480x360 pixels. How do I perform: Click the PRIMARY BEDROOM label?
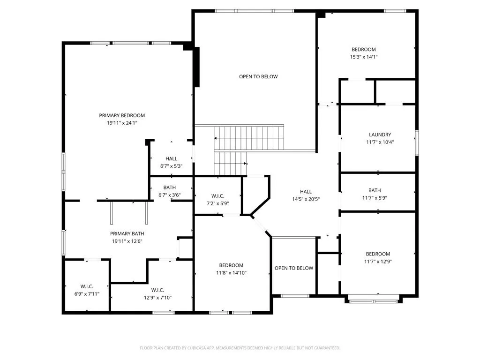pyautogui.click(x=122, y=115)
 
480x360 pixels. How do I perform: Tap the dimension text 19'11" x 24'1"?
pyautogui.click(x=122, y=123)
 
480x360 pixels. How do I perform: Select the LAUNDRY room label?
pyautogui.click(x=380, y=135)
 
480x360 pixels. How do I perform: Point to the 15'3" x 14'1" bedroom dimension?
pyautogui.click(x=364, y=57)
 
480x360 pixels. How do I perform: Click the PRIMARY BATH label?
pyautogui.click(x=127, y=233)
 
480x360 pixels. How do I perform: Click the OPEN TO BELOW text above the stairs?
pyautogui.click(x=258, y=76)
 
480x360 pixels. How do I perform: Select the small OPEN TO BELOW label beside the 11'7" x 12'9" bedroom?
pyautogui.click(x=294, y=268)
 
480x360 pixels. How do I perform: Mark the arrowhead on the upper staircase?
pyautogui.click(x=216, y=138)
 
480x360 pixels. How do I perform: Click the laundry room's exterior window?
pyautogui.click(x=417, y=142)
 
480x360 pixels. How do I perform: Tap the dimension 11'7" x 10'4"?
pyautogui.click(x=380, y=142)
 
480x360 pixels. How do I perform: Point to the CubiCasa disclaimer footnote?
pyautogui.click(x=240, y=348)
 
